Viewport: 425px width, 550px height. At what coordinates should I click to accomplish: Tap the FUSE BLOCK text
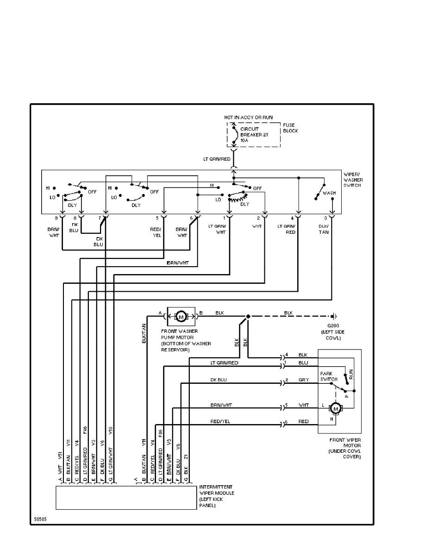[x=291, y=128]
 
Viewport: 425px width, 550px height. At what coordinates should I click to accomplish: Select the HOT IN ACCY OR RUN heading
[x=249, y=118]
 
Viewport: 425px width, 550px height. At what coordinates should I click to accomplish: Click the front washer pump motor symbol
[x=181, y=317]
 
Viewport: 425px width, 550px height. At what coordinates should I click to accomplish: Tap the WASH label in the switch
[x=329, y=193]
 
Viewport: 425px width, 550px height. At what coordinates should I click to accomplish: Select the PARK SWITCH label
[x=328, y=375]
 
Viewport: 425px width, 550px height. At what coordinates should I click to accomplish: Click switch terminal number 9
[x=56, y=218]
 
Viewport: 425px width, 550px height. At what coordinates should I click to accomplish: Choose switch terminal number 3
[x=325, y=218]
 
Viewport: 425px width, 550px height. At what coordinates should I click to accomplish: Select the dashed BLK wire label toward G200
[x=288, y=313]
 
